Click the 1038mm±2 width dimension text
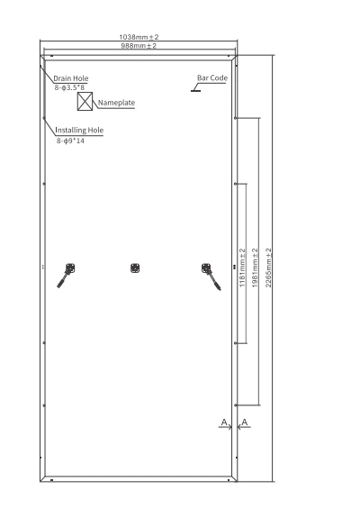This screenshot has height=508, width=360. click(x=139, y=37)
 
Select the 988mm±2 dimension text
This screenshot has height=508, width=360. click(x=139, y=46)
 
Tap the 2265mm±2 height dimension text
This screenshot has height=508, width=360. click(x=268, y=268)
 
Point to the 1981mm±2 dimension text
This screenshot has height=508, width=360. click(x=255, y=268)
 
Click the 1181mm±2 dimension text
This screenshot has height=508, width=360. click(x=242, y=268)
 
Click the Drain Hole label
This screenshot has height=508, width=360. click(x=70, y=78)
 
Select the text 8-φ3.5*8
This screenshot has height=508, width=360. click(x=69, y=87)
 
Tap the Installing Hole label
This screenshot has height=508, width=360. click(x=79, y=131)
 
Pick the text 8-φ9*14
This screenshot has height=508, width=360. click(x=70, y=141)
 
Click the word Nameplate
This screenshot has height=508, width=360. click(x=116, y=103)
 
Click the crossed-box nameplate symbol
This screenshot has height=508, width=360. click(x=85, y=102)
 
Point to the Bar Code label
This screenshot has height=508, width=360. click(x=212, y=78)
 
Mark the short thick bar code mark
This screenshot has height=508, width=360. click(x=195, y=91)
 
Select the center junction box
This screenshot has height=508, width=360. click(x=135, y=268)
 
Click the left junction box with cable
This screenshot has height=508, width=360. click(x=67, y=275)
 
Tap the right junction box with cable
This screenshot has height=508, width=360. click(x=211, y=277)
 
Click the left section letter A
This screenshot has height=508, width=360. click(x=224, y=422)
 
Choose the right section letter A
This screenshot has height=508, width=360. click(x=245, y=422)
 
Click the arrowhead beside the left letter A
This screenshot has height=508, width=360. click(x=230, y=427)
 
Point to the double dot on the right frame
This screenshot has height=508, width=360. click(x=235, y=267)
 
